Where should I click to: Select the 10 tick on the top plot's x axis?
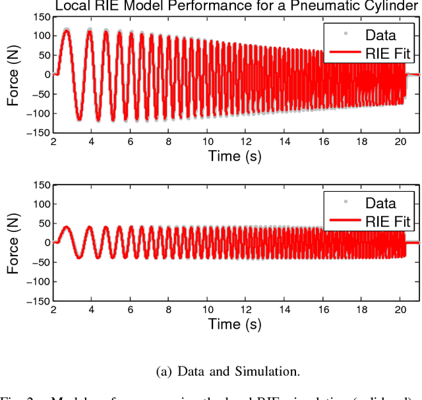[x=208, y=141]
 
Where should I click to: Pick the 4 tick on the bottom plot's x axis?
[x=92, y=309]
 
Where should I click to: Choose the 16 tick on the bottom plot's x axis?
[x=323, y=309]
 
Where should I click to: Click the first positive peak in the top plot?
[x=66, y=30]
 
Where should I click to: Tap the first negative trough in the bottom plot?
[x=78, y=257]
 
